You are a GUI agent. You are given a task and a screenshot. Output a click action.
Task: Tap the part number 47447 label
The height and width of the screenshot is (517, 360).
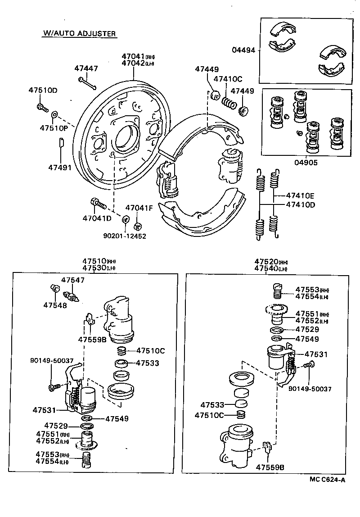[86, 68]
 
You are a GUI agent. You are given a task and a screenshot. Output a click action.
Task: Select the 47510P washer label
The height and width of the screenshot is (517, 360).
[53, 128]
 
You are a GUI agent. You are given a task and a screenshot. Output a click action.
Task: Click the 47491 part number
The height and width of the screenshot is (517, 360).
[60, 168]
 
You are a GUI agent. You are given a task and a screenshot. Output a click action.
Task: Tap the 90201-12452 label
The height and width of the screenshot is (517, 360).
[125, 236]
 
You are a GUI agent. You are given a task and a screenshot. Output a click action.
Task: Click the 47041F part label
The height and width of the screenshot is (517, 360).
[139, 208]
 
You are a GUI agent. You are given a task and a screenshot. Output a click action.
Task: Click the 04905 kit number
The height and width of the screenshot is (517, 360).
[306, 163]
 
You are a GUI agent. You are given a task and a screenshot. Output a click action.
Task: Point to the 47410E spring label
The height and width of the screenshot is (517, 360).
[301, 196]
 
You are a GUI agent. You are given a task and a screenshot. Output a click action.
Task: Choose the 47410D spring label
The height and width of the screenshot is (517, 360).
[301, 204]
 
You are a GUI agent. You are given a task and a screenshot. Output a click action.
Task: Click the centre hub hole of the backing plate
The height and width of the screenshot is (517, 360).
[126, 136]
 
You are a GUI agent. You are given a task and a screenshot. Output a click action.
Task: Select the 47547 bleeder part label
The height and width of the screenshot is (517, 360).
[72, 280]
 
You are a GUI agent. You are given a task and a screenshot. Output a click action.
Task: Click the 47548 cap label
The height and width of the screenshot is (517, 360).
[55, 305]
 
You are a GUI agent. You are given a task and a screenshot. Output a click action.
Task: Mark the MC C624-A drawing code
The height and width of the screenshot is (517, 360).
[327, 480]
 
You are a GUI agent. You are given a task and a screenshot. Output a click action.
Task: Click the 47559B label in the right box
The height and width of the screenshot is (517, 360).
[270, 467]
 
